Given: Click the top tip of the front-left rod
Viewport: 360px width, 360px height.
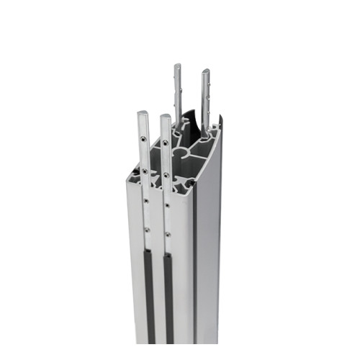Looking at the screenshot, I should [x=143, y=113].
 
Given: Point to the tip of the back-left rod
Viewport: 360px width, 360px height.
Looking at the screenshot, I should [x=177, y=66].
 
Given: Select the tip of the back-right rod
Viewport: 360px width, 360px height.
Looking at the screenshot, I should [x=205, y=71].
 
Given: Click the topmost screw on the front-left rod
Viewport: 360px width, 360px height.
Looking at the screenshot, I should [x=144, y=139].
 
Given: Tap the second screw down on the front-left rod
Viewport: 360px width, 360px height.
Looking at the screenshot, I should [x=145, y=171].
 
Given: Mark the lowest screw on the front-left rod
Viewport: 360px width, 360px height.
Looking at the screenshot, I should [x=146, y=230].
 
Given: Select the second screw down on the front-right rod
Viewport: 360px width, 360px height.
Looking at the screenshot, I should [x=166, y=175].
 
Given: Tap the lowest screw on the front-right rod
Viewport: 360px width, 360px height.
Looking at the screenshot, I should [x=168, y=233].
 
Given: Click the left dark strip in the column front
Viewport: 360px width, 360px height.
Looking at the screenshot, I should [x=150, y=295].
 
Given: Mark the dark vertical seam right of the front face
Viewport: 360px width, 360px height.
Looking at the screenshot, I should [x=197, y=274].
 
